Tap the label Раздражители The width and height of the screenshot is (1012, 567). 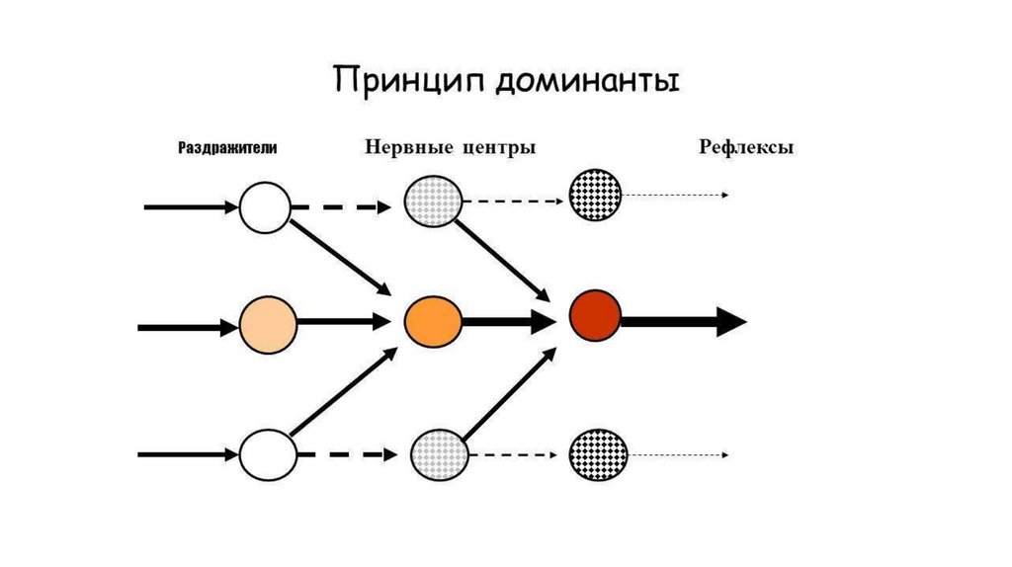[226, 148]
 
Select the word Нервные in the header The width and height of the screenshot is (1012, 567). [406, 148]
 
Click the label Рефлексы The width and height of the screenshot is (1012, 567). [747, 148]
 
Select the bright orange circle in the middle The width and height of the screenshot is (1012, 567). [433, 319]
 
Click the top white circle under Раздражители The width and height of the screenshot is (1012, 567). [265, 207]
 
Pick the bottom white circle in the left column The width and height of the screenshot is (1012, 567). [267, 454]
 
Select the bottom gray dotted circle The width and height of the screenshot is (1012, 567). [438, 454]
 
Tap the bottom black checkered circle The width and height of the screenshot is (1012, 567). [598, 454]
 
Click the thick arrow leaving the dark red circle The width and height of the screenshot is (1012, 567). [682, 321]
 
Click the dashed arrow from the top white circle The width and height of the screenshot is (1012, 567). [342, 207]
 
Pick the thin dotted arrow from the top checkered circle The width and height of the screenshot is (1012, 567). [676, 195]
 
